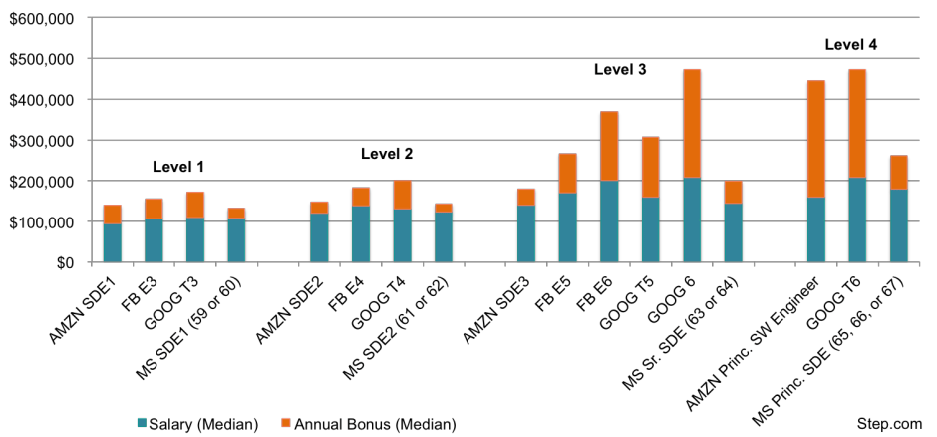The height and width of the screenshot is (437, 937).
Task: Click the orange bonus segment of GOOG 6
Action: click(692, 123)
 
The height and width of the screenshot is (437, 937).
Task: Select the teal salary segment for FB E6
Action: click(609, 221)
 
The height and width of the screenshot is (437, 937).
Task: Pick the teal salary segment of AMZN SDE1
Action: click(113, 242)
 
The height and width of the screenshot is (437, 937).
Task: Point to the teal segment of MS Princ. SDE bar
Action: click(899, 225)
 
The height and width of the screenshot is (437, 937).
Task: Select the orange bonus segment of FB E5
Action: click(568, 174)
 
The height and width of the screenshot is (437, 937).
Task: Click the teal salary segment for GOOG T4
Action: click(402, 235)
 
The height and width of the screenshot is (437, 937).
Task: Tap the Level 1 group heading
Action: click(178, 167)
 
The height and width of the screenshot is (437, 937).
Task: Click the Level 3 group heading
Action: click(620, 70)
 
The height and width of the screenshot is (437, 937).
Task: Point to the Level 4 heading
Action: click(851, 44)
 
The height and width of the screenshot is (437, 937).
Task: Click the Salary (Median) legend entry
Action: click(197, 424)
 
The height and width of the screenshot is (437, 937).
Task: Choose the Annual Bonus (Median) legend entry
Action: click(368, 424)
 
